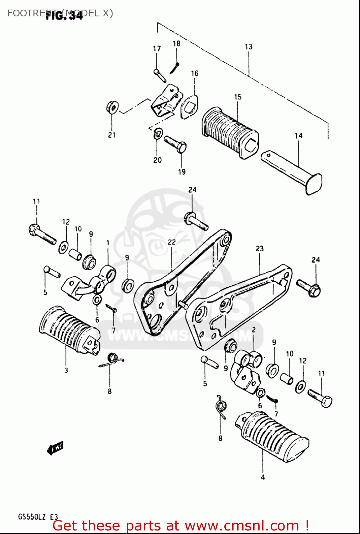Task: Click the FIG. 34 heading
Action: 64,16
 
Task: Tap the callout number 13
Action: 249,47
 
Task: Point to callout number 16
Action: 194,73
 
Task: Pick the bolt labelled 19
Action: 176,144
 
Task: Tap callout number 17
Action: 157,48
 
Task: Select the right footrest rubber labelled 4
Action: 272,436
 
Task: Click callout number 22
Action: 172,242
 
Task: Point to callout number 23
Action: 260,248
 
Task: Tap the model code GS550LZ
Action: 32,517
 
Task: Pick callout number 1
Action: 108,243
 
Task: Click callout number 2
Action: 254,330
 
